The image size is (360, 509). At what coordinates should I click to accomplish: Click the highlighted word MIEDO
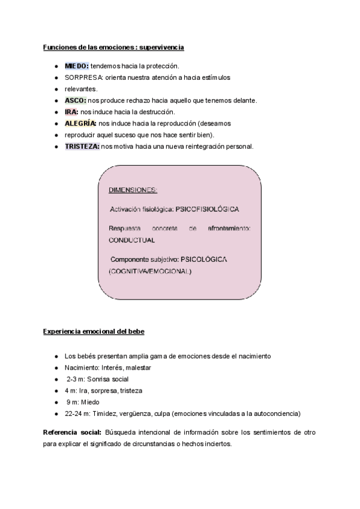(x=77, y=66)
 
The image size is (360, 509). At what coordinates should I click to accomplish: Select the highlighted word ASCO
(x=76, y=100)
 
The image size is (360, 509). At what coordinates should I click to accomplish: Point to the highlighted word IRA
(x=71, y=112)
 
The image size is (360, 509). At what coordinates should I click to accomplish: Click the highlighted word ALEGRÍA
(x=81, y=123)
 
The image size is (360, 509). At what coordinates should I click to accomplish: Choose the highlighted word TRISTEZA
(x=82, y=146)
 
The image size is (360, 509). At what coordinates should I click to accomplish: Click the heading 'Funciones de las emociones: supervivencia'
(x=113, y=47)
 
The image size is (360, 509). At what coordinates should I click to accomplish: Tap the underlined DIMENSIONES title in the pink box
(x=133, y=190)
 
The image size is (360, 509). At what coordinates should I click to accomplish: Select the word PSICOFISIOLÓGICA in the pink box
(x=207, y=209)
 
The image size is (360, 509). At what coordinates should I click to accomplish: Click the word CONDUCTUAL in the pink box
(x=131, y=239)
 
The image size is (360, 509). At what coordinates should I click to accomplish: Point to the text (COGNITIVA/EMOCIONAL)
(x=150, y=271)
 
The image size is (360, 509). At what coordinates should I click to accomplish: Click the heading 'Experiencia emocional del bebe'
(x=94, y=331)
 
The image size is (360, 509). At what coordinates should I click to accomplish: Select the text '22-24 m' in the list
(x=76, y=414)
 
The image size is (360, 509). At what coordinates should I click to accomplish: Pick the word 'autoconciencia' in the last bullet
(x=278, y=414)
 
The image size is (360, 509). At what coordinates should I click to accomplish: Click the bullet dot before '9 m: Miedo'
(x=56, y=402)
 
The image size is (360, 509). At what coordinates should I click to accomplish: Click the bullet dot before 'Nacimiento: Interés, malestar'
(x=56, y=368)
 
